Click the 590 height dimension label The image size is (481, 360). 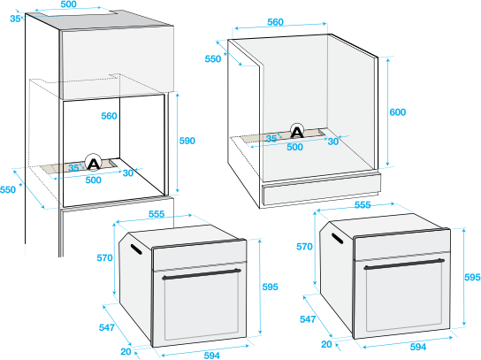187,141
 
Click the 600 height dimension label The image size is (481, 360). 398,112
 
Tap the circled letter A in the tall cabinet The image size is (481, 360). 93,162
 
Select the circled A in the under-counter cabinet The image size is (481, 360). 297,132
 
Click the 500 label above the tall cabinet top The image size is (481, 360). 68,4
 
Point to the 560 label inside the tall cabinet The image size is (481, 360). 110,116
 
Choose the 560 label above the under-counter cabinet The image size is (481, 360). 275,22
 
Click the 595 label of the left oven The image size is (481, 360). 270,287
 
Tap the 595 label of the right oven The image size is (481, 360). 472,277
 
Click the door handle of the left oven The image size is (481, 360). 202,274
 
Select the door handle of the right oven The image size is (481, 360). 404,264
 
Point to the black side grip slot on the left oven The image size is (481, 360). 136,249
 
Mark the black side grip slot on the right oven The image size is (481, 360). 337,238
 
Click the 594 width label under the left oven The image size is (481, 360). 211,355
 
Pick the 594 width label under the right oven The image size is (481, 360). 418,347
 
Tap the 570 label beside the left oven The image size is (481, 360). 104,257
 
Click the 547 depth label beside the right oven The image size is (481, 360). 308,319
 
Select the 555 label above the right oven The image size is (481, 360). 363,204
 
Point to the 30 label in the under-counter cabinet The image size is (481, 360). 333,142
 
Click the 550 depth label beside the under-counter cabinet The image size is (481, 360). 213,58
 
